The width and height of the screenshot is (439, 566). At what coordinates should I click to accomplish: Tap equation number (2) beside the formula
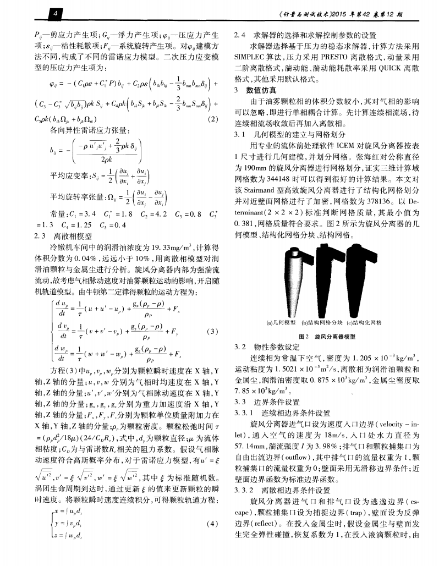[211, 120]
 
